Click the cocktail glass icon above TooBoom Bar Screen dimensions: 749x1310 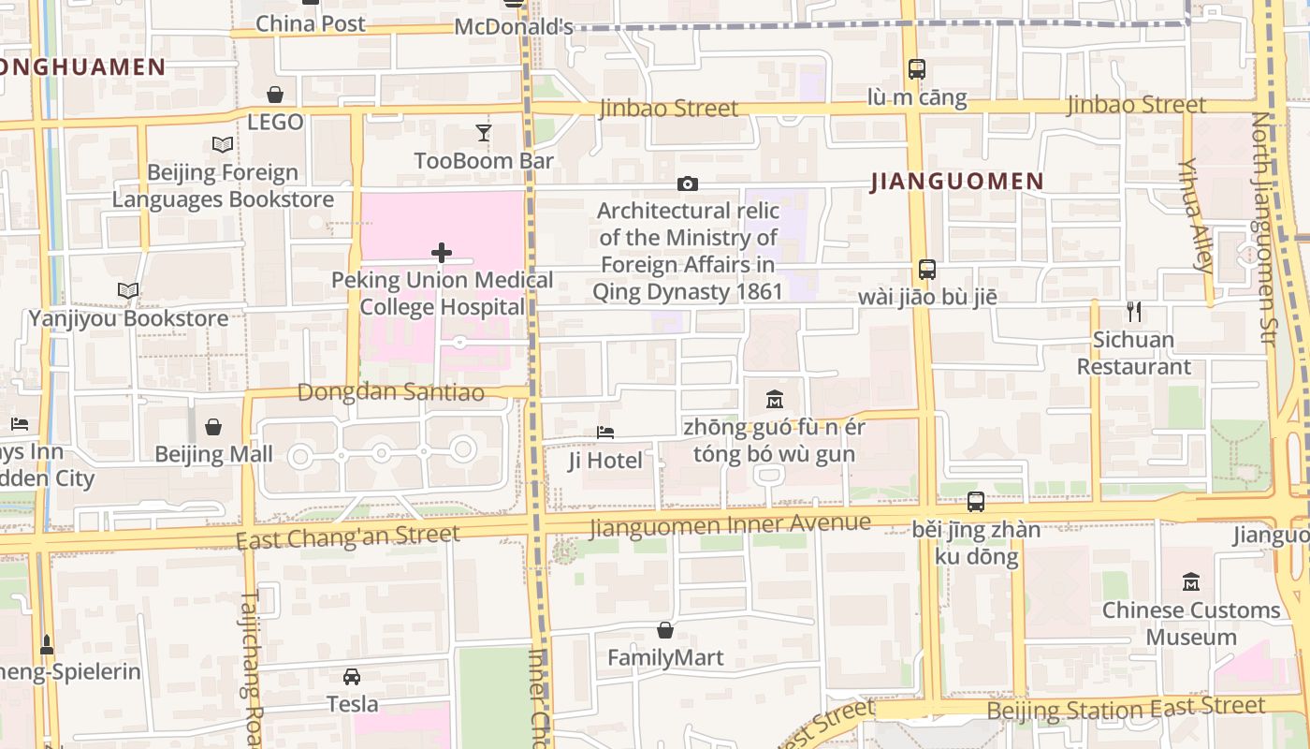pos(483,133)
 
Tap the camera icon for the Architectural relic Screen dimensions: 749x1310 pos(688,184)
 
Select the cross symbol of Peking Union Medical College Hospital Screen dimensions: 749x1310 pos(442,253)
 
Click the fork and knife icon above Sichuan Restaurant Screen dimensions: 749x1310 pos(1134,312)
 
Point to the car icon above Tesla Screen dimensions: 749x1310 pos(352,676)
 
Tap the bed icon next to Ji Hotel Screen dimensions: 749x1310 pos(605,433)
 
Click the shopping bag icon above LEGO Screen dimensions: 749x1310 pos(275,95)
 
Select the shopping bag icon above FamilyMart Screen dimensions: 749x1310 pos(665,630)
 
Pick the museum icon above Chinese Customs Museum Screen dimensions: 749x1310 pos(1191,582)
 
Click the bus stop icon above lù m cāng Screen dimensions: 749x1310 pos(916,69)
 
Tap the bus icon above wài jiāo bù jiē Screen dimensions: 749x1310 pos(926,270)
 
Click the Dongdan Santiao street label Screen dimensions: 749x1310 pos(391,392)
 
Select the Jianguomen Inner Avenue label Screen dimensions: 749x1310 pos(730,524)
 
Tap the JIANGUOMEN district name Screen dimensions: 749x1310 pos(957,182)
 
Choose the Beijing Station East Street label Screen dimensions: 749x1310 pos(1126,709)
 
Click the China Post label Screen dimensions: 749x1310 pos(311,23)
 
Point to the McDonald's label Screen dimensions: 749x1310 pos(513,27)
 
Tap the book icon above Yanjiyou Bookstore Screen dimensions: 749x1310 pos(129,291)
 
